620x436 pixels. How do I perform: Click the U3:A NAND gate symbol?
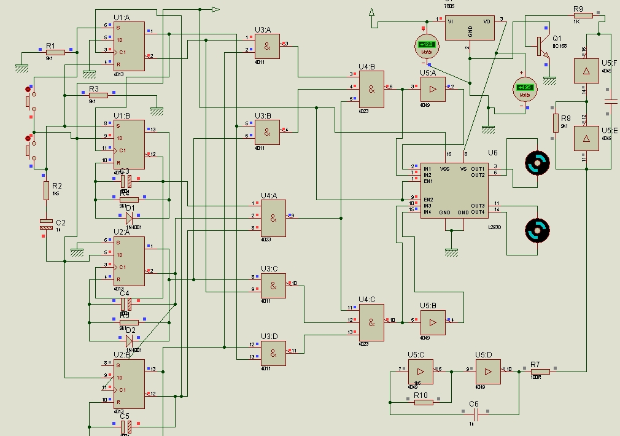click(267, 46)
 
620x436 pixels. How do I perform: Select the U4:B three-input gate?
click(371, 89)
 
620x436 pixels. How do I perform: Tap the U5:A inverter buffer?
click(433, 89)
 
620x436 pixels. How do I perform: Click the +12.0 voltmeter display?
click(426, 44)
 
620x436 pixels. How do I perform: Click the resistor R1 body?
click(55, 53)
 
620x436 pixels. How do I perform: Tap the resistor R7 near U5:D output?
click(540, 371)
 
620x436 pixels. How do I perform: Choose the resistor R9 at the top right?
click(583, 15)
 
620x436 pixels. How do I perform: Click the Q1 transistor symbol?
click(541, 47)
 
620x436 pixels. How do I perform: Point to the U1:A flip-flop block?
click(129, 46)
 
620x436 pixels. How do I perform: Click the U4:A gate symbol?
click(273, 219)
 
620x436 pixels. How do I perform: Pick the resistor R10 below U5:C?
click(424, 402)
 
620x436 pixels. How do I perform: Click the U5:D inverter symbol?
click(488, 372)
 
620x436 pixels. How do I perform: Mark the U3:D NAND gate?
click(273, 353)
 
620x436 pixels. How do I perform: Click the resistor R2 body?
click(46, 190)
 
